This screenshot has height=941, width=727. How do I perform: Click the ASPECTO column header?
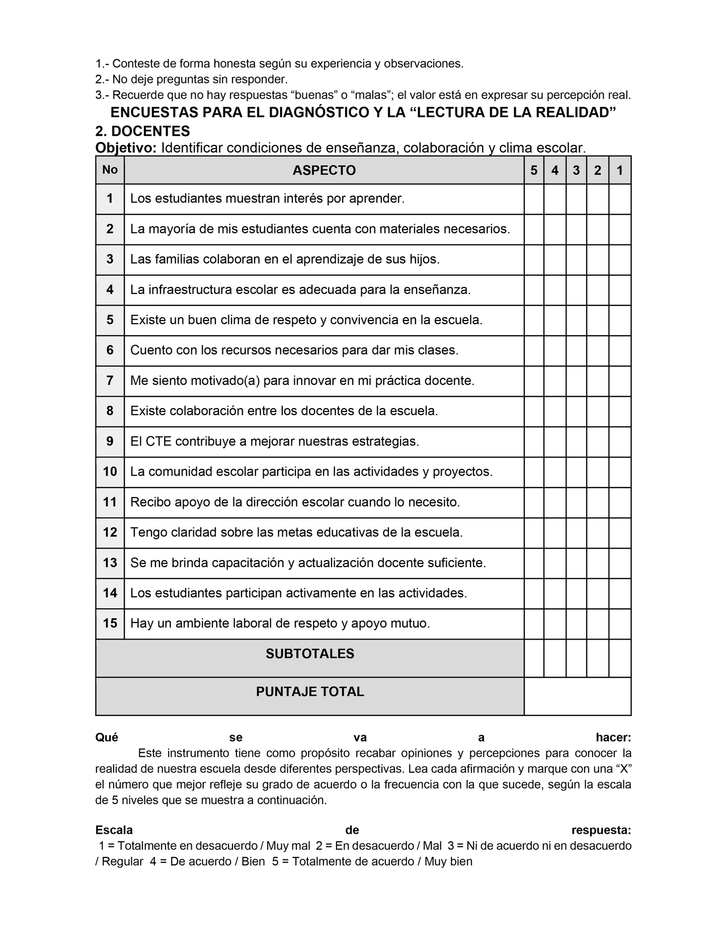tap(324, 171)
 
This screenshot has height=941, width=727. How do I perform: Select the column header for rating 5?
tap(534, 171)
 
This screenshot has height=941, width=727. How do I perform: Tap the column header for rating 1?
tap(620, 171)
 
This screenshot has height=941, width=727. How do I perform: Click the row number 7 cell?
tap(110, 381)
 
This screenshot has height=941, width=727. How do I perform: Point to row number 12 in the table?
tap(110, 532)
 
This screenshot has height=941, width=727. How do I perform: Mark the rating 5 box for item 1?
tap(534, 199)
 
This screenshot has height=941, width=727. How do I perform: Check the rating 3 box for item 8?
tap(576, 412)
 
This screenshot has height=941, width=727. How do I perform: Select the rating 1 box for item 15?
tap(620, 624)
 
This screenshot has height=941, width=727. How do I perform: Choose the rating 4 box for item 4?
tap(555, 290)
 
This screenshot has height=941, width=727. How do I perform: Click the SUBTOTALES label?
tap(310, 654)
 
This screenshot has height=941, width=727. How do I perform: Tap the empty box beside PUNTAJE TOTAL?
tap(577, 696)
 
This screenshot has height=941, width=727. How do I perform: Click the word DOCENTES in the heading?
tap(150, 131)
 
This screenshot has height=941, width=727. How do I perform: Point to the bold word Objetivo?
tap(126, 148)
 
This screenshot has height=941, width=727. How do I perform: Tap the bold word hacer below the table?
tap(613, 738)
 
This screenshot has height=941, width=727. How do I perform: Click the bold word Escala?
tap(114, 830)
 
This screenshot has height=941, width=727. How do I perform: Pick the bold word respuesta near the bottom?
tap(601, 830)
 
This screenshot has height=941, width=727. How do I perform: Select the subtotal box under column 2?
tap(598, 658)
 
